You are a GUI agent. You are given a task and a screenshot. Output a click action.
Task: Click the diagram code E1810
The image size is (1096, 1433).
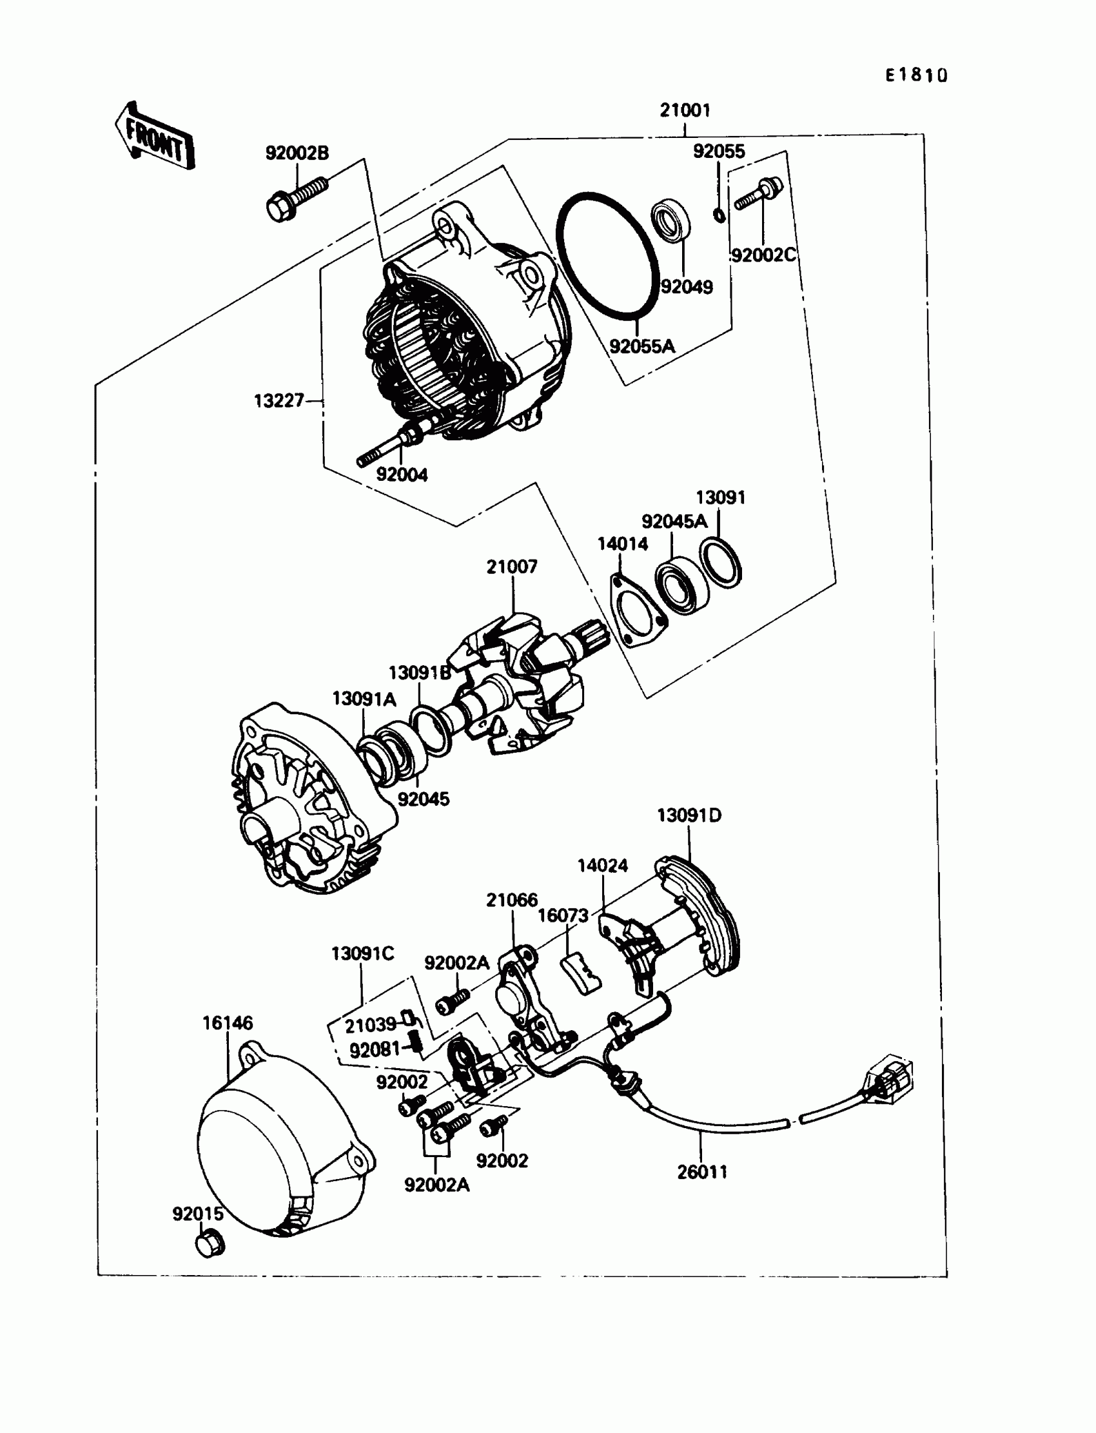915,75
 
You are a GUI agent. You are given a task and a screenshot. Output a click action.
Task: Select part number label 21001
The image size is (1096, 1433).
684,110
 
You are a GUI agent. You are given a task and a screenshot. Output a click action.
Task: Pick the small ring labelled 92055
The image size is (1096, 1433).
719,215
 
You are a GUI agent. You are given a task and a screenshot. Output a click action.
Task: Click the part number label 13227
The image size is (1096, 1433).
279,400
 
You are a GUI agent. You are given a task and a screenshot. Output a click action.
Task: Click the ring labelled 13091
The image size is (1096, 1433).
720,561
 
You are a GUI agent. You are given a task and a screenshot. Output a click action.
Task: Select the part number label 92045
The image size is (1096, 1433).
424,799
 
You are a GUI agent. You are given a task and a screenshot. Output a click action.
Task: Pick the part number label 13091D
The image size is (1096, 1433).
689,815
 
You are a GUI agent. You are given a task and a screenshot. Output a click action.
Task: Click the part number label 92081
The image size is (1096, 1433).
375,1050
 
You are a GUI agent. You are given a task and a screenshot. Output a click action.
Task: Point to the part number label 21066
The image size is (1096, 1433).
511,900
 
